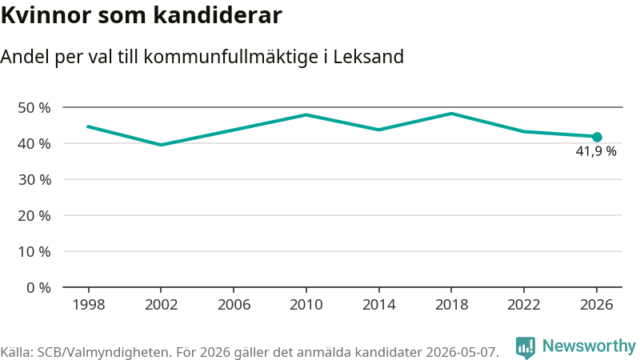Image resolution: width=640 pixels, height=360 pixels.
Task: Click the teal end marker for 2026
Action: [x=597, y=137]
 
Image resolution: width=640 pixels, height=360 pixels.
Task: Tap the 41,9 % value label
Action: [x=596, y=151]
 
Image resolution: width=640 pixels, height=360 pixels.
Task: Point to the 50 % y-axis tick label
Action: [x=34, y=108]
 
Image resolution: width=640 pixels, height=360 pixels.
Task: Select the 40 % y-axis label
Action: [x=34, y=144]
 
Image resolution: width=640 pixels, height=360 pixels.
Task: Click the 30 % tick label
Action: [x=34, y=179]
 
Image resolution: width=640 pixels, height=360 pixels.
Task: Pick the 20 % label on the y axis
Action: [x=34, y=215]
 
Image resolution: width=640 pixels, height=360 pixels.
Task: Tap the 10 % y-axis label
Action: [x=34, y=251]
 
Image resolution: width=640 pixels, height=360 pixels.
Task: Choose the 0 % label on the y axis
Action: [x=38, y=288]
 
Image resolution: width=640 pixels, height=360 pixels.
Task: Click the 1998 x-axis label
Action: [x=89, y=305]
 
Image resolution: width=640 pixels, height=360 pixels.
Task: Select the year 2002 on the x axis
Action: [x=162, y=305]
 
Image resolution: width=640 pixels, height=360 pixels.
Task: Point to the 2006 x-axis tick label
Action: [x=234, y=305]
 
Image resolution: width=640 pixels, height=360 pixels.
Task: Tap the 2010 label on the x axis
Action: [x=306, y=305]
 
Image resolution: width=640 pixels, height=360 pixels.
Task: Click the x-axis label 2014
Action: [x=378, y=305]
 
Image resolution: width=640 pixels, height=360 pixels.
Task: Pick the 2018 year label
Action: [x=451, y=305]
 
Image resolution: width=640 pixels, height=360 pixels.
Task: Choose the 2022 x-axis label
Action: [x=524, y=305]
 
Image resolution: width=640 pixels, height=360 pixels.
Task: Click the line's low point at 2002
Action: [x=162, y=145]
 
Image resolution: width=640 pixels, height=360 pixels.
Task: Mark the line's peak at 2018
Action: [x=451, y=113]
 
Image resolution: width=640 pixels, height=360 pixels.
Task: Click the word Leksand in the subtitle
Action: [x=369, y=57]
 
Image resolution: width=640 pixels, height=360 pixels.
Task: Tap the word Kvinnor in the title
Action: [x=46, y=15]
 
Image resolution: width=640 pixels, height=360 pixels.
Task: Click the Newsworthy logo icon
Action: [x=526, y=348]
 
